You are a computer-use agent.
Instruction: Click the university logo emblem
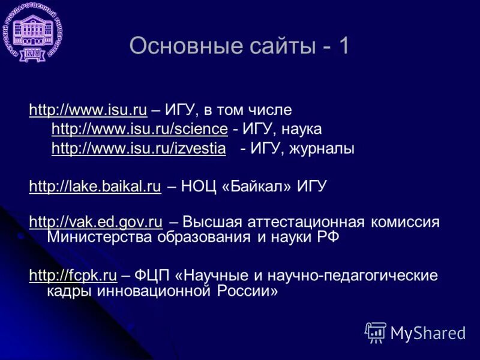(x=36, y=34)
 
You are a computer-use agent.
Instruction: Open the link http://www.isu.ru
(x=88, y=109)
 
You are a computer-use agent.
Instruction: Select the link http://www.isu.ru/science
(x=139, y=128)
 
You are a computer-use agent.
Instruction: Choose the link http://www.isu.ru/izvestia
(x=139, y=148)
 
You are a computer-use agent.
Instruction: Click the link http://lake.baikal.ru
(x=95, y=186)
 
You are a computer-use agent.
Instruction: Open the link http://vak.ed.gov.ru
(x=95, y=222)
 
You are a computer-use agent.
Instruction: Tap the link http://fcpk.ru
(x=73, y=275)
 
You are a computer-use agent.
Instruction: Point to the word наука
(x=302, y=128)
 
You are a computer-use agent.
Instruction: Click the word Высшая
(x=209, y=222)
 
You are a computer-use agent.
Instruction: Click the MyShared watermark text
(x=427, y=332)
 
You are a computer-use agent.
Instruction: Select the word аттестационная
(x=302, y=222)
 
